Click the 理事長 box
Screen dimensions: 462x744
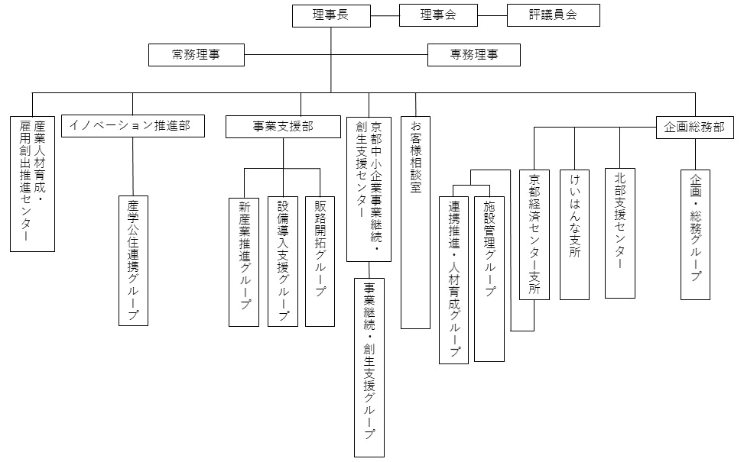(x=331, y=15)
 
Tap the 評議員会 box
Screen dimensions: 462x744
(x=553, y=15)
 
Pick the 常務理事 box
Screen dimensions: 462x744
(x=197, y=54)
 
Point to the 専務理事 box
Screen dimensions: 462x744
(x=473, y=54)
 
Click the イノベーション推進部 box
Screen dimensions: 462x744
(x=132, y=126)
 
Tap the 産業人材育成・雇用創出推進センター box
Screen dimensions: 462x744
(x=33, y=183)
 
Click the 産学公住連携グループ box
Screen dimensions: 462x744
(x=132, y=260)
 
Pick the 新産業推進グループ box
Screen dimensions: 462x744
(x=245, y=261)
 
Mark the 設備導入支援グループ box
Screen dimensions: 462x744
(x=282, y=261)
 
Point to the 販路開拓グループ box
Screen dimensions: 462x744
(x=320, y=261)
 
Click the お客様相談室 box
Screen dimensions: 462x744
(x=415, y=221)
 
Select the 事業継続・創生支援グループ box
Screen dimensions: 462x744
(x=369, y=367)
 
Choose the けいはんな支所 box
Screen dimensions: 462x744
(x=574, y=234)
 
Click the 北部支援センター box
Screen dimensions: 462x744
(x=619, y=233)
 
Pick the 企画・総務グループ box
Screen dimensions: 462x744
(x=695, y=234)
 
